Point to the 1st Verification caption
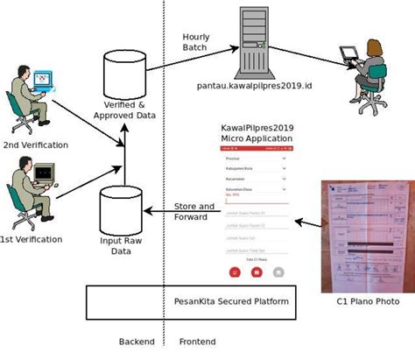click(x=32, y=238)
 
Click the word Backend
click(x=137, y=341)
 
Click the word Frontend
click(x=199, y=341)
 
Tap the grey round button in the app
click(x=278, y=272)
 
